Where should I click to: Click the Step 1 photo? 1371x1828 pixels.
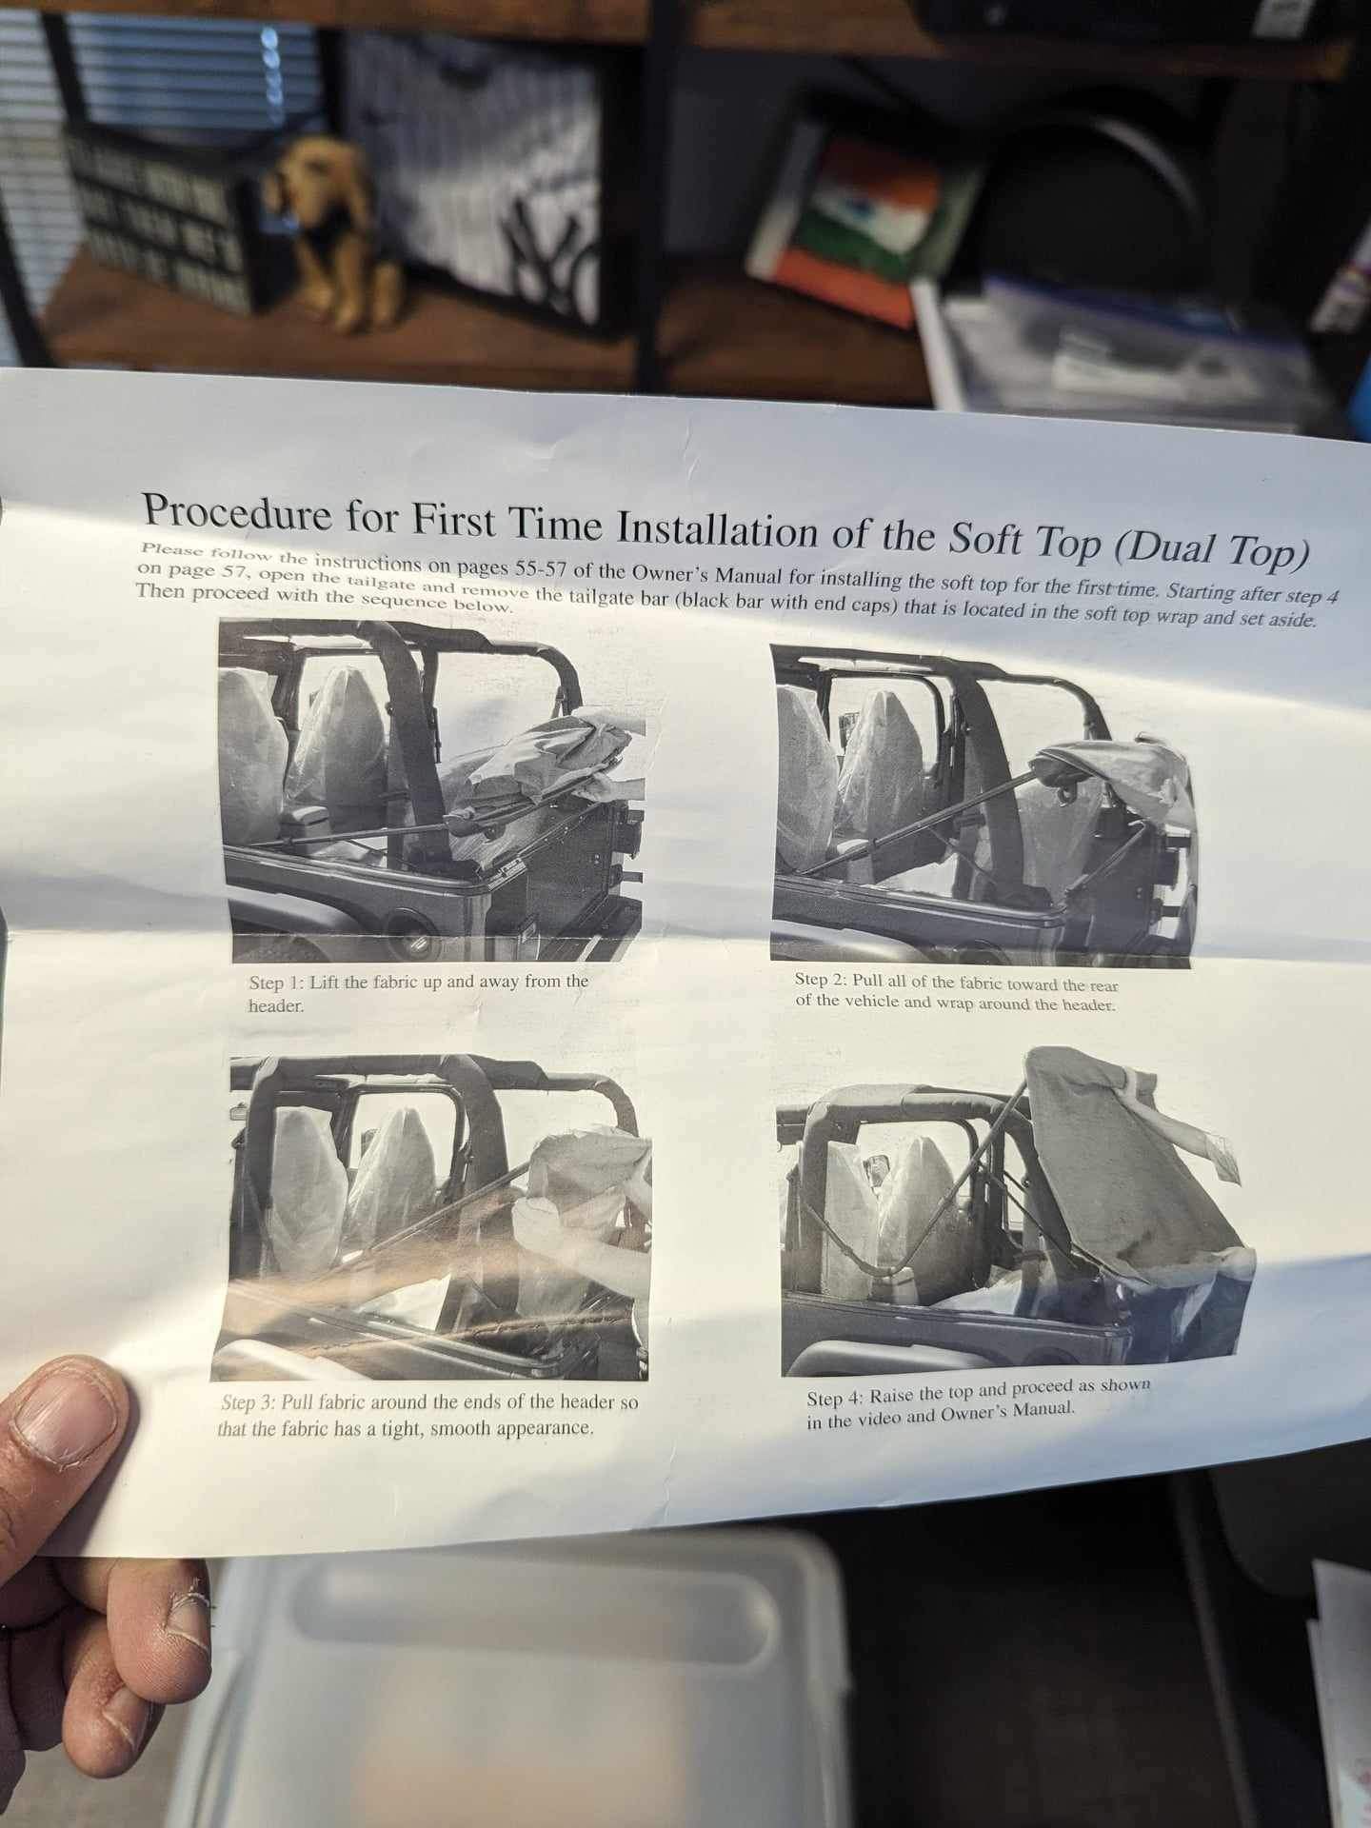[431, 790]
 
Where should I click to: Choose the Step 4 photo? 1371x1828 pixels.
[1016, 1211]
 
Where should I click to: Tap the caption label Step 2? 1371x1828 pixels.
[820, 980]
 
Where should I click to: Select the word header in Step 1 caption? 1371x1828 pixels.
[275, 1005]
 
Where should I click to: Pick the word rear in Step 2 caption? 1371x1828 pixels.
[1104, 987]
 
